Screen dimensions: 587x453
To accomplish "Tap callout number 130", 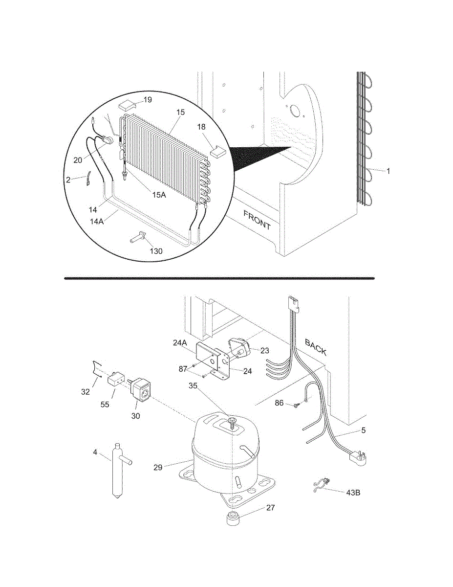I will click(156, 251).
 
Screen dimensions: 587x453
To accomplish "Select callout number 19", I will click(148, 100).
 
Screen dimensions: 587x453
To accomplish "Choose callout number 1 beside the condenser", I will click(388, 171).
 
